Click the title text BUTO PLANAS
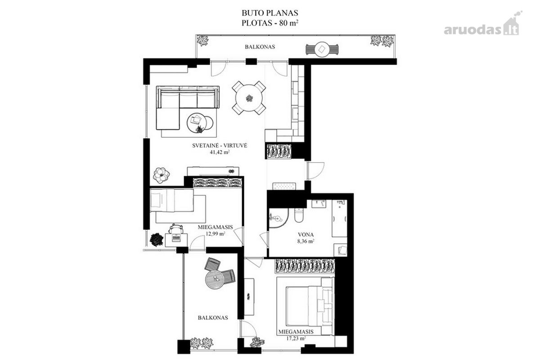270,13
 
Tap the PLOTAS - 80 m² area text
270,23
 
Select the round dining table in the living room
249,98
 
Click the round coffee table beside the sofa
197,123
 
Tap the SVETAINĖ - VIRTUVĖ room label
220,146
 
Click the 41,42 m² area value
220,152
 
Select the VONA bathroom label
306,234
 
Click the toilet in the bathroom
299,215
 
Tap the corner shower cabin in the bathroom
278,218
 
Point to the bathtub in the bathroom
339,218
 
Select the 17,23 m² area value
296,338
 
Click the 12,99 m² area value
216,234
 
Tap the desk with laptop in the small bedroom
176,240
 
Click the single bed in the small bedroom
171,200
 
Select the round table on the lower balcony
215,280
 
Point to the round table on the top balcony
322,49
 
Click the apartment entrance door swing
316,171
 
